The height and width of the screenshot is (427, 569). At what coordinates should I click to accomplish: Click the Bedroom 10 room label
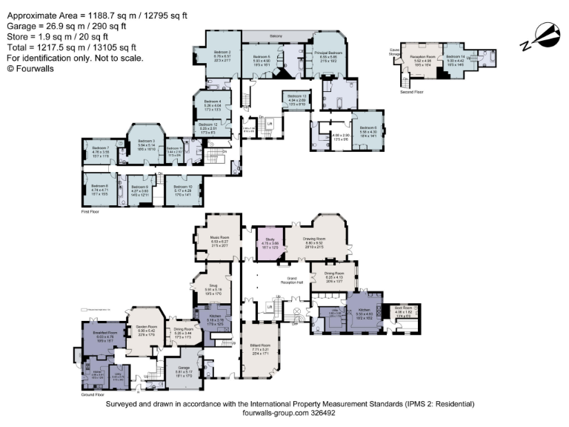point(183,186)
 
